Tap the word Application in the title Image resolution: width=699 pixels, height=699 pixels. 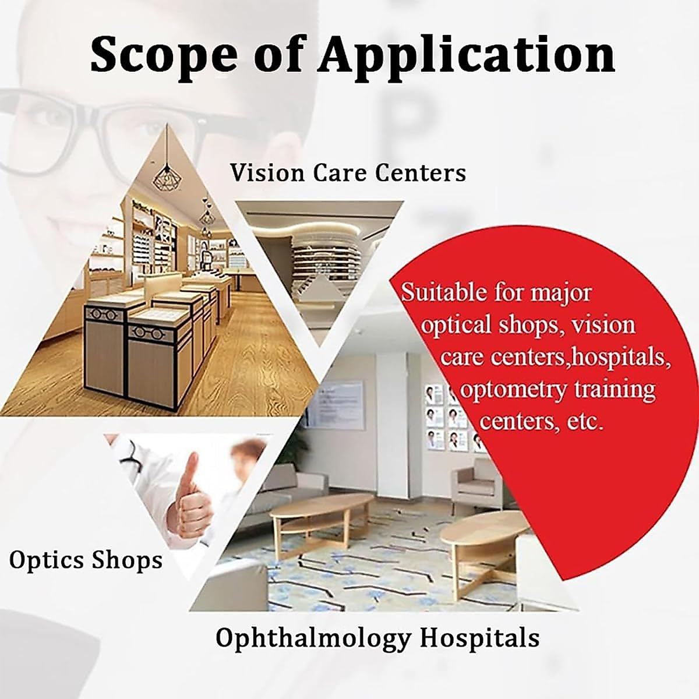466,54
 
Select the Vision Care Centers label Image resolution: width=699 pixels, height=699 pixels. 348,173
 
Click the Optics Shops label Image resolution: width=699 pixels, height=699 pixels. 86,560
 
